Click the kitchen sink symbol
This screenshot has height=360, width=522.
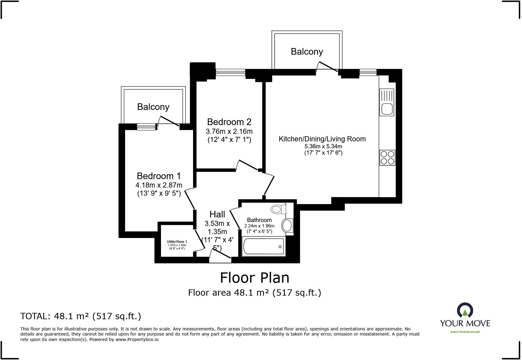coord(387,102)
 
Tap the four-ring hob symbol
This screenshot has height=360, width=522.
coord(387,158)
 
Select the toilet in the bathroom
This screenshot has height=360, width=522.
coord(278,209)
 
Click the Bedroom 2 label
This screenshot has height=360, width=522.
coord(229,122)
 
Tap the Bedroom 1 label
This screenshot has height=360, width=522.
coord(159,176)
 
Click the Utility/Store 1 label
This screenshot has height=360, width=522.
coord(177,242)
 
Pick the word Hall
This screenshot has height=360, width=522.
coord(217,214)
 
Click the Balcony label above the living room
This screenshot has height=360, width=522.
coord(307,52)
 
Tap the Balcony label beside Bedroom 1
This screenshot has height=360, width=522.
coord(153,107)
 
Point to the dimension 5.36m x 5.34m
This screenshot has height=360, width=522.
coord(323,146)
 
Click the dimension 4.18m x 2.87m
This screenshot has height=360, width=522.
coord(159,185)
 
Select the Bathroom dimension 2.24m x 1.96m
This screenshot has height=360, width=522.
coord(259,226)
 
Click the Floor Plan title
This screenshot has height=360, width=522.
coord(254,278)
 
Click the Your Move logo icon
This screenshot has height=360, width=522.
coord(465,310)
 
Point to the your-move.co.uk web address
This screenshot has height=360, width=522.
coord(465,332)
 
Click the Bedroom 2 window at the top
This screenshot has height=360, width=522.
coord(230,72)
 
